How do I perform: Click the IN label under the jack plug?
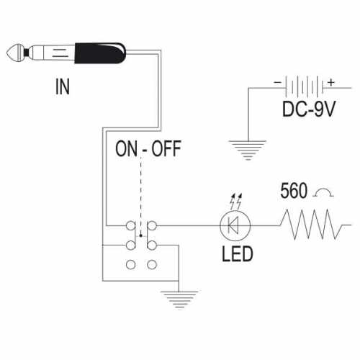tap(63, 86)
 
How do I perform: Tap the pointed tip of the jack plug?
tap(6, 53)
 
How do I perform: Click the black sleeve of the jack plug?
tap(100, 53)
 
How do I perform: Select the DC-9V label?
tap(309, 109)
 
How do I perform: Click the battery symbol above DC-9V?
tap(305, 86)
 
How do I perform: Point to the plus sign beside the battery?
tap(331, 82)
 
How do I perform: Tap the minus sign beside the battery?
tap(277, 82)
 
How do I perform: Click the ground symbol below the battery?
tap(248, 150)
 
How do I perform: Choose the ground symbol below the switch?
tap(179, 300)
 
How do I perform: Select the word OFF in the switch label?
tap(166, 149)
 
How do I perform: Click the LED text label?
tap(238, 254)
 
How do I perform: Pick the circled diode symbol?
tap(235, 225)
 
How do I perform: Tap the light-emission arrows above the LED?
tap(236, 201)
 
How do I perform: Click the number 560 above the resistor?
tap(294, 191)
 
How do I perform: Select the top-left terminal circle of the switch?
tap(130, 226)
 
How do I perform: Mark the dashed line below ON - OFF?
tap(140, 197)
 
